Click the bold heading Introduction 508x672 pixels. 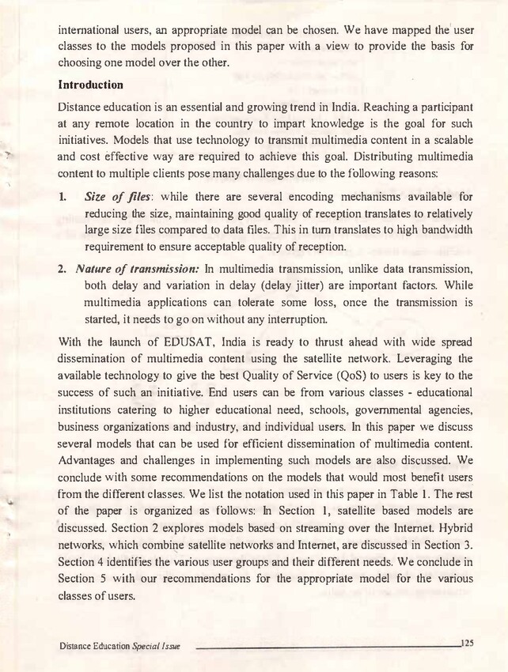[x=91, y=85]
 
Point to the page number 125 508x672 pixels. [x=464, y=644]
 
